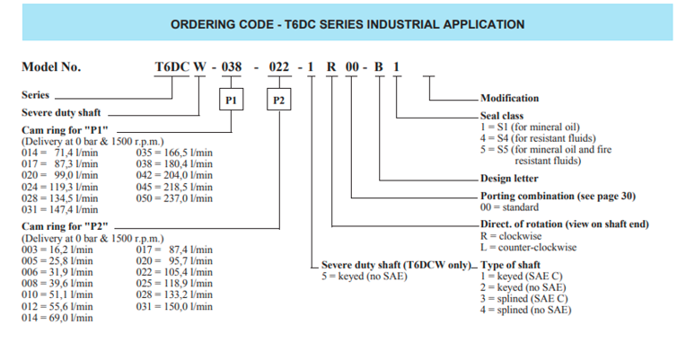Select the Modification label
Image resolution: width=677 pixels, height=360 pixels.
[509, 98]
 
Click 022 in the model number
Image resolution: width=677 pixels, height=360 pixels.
[282, 67]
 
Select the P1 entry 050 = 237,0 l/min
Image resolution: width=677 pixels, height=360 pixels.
[176, 198]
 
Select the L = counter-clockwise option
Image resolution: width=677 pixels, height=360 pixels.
[529, 247]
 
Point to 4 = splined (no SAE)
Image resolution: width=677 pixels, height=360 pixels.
[527, 310]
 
